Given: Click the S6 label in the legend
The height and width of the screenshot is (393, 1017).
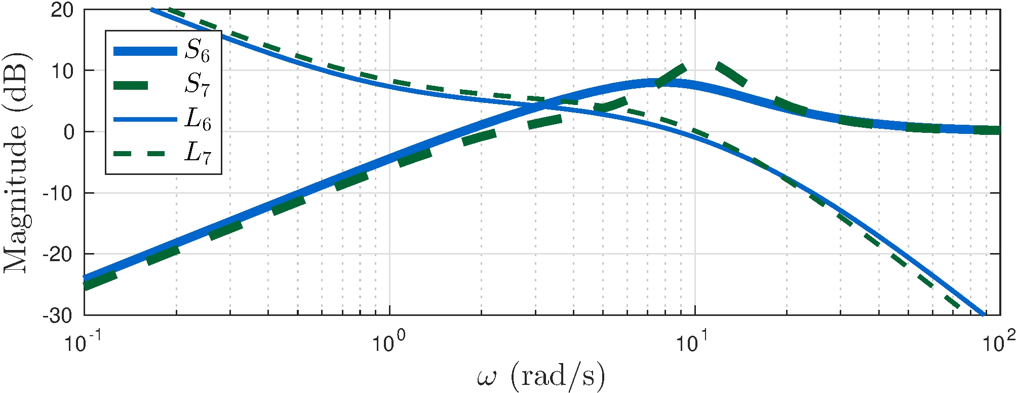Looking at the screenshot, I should (197, 51).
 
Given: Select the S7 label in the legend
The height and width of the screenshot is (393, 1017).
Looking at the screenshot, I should (197, 85).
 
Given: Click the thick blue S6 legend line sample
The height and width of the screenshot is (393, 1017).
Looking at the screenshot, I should (145, 51).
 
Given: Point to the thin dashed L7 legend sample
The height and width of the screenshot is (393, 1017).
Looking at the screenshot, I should (145, 153).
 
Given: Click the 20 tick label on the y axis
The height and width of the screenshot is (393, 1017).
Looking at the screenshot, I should (62, 10).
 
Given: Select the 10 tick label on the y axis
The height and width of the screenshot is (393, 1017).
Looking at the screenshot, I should (62, 71).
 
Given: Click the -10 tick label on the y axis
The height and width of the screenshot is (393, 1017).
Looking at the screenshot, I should (58, 193).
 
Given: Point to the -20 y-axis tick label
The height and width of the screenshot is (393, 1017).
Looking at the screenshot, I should (58, 254).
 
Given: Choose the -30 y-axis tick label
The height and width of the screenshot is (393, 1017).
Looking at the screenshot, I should (58, 315).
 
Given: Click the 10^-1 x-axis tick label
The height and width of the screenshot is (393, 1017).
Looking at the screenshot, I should (83, 343).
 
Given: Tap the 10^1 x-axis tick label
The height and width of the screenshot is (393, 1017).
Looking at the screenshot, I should (694, 343).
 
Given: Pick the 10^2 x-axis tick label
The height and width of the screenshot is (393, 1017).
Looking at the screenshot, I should (999, 343).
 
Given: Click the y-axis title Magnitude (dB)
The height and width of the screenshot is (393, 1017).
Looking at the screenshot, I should (16, 162).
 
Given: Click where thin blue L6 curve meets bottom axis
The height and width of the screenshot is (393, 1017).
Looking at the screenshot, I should (984, 314).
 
